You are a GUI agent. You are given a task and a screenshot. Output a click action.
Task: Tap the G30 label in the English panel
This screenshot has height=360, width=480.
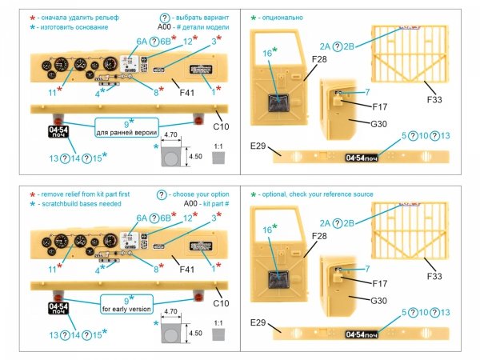[x=360, y=301]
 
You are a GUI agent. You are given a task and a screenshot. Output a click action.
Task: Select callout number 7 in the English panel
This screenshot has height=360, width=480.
[x=366, y=269]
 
